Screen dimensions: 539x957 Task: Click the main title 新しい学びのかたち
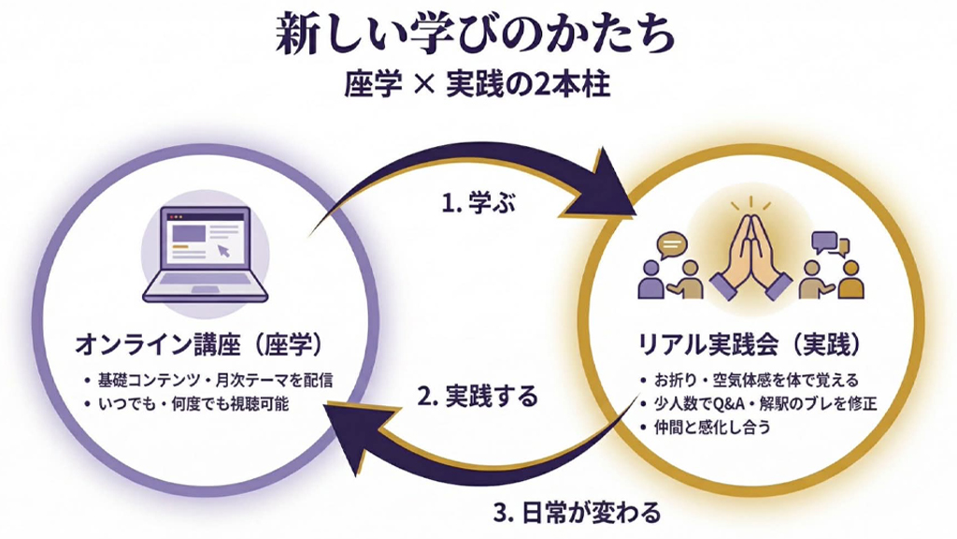476,36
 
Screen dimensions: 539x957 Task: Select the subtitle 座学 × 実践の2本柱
477,86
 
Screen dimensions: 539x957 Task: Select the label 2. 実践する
478,396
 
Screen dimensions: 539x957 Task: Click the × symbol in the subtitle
423,87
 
